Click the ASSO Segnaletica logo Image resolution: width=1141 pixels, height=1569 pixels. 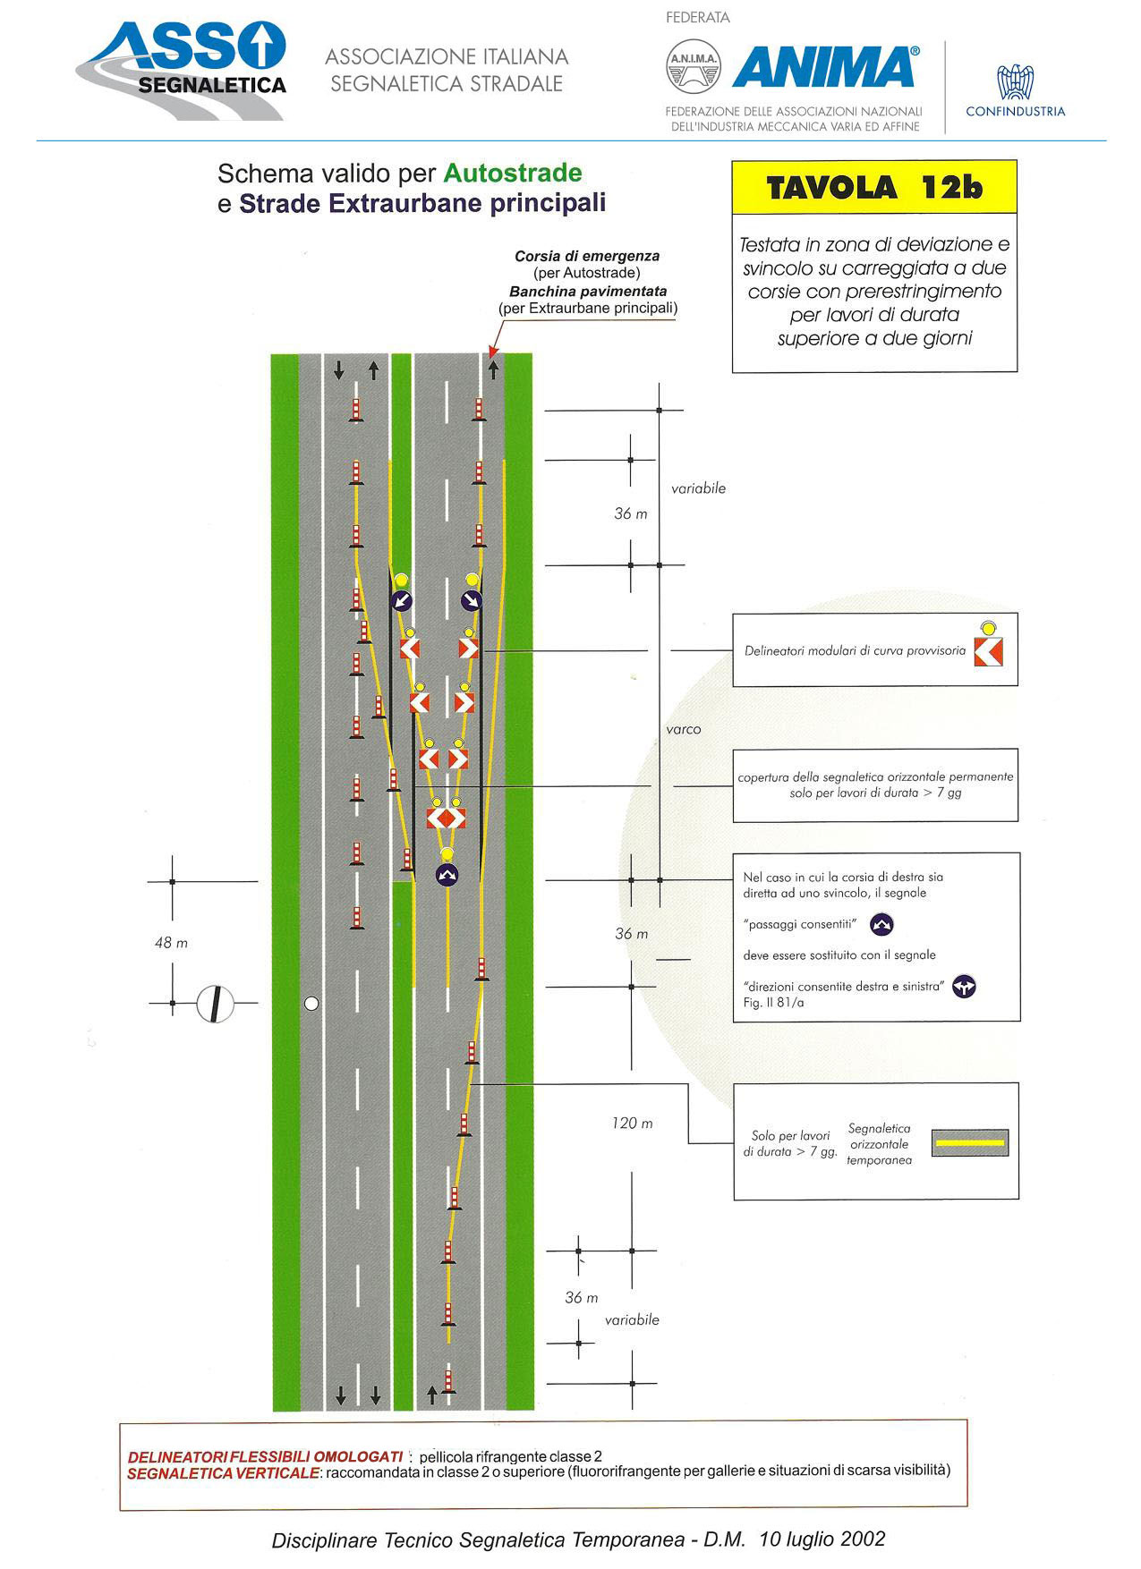coord(182,71)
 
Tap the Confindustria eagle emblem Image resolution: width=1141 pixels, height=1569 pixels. coord(1015,81)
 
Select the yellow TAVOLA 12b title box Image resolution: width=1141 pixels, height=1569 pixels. coord(874,187)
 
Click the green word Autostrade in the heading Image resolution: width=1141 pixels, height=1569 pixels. coord(513,173)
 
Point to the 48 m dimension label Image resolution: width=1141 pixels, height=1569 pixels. coord(171,943)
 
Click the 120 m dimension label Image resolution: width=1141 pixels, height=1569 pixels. coord(632,1124)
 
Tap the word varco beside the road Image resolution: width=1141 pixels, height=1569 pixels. coord(684,729)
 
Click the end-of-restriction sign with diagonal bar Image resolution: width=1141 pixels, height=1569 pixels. coord(215,1004)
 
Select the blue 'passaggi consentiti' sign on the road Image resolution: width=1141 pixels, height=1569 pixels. coord(447,875)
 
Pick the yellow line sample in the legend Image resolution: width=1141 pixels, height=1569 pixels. coord(969,1142)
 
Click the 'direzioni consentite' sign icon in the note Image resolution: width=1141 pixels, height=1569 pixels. coord(964,987)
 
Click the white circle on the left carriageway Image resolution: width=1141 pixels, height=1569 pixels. coord(311,1004)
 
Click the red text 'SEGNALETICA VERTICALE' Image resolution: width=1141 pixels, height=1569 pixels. coord(223,1473)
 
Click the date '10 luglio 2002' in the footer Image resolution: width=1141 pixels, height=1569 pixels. coord(822,1539)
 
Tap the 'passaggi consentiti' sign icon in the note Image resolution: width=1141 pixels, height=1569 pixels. coord(882,924)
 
